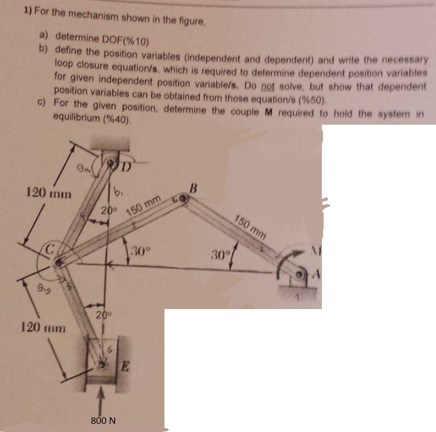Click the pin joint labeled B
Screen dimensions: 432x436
(184, 200)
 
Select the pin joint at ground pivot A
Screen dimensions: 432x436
(300, 274)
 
